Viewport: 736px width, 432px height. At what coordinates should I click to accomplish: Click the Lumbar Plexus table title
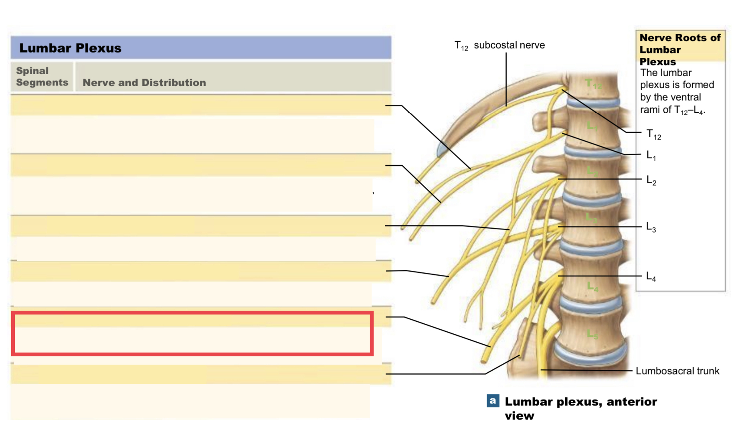[x=70, y=48]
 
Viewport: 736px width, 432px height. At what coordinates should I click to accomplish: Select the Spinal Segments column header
[x=42, y=77]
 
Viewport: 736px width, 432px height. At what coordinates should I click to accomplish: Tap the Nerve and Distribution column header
[x=144, y=83]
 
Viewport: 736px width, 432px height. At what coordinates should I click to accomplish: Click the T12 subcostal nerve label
[x=499, y=45]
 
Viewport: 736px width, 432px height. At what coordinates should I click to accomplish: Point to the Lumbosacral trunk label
[x=677, y=371]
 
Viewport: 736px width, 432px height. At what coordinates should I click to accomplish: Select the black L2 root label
[x=651, y=181]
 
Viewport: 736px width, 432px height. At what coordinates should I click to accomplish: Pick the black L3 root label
[x=651, y=227]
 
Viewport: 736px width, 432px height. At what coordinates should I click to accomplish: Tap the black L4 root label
[x=651, y=276]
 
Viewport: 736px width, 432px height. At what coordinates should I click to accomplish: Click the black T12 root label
[x=653, y=134]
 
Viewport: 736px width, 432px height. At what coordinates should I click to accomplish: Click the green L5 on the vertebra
[x=592, y=334]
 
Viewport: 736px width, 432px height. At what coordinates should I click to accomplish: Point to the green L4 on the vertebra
[x=592, y=286]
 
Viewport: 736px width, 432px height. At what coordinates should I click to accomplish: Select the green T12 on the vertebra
[x=593, y=84]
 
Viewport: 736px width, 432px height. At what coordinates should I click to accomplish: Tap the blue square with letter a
[x=493, y=400]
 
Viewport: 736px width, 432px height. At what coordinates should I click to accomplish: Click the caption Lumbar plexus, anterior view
[x=580, y=408]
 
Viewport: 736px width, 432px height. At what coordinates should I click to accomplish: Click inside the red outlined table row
[x=192, y=334]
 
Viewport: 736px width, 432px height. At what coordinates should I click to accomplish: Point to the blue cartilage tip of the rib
[x=442, y=150]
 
